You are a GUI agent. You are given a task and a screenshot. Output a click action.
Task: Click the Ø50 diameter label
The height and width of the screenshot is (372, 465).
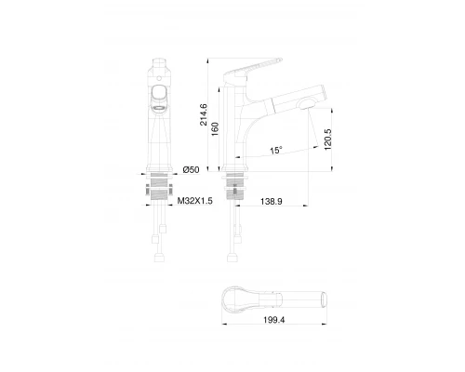[192, 169]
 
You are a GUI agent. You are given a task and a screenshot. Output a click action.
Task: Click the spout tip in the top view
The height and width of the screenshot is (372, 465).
[326, 299]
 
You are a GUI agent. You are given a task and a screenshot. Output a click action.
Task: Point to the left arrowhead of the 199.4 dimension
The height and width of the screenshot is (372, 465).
[224, 325]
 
